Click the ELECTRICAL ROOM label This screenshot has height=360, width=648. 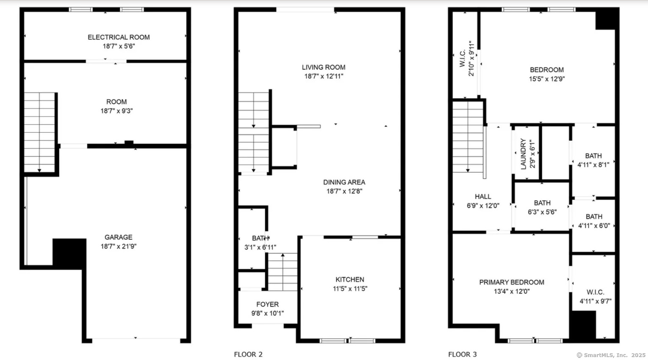pos(119,37)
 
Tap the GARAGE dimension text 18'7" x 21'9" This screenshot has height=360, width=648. pos(119,246)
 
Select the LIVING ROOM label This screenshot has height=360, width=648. pos(323,67)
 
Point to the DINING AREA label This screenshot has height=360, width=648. pos(344,182)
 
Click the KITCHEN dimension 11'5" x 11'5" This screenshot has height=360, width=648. pos(350,288)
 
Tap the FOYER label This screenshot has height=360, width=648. pos(267,304)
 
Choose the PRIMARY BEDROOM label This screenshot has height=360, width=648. pos(512,282)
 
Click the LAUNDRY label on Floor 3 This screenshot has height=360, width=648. pos(523,153)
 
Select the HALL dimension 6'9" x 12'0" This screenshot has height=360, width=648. pos(483,206)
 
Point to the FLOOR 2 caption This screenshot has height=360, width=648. pos(248,354)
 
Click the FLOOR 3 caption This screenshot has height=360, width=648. pos(462,354)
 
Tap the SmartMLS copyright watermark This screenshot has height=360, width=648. pos(611,355)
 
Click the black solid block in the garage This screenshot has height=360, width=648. pos(70,254)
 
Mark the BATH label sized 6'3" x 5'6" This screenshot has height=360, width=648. pos(542,203)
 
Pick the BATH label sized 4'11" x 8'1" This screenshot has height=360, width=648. pos(593,156)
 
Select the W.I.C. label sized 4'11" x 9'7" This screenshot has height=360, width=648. pos(595,292)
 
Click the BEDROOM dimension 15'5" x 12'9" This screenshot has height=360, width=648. pos(547,79)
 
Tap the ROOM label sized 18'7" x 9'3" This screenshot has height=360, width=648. pos(116,102)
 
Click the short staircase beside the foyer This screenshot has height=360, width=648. pos(283,272)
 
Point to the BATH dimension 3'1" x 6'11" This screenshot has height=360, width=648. pos(260,248)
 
